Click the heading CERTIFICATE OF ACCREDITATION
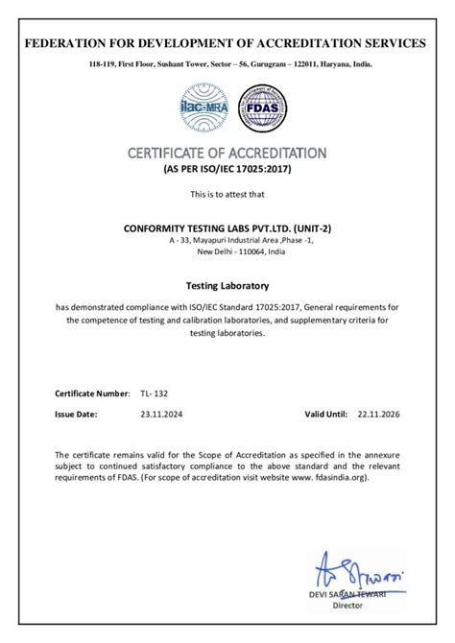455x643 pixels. click(227, 153)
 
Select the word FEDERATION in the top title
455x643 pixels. click(70, 43)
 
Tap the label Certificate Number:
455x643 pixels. click(92, 393)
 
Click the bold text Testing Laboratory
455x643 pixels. click(227, 286)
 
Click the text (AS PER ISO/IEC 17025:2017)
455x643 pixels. click(227, 169)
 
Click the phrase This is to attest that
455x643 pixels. click(227, 195)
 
